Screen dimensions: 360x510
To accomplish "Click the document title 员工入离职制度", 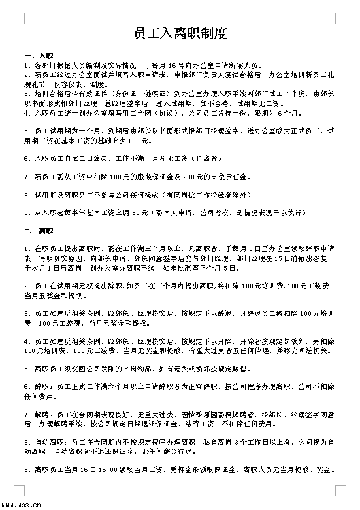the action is [180, 32].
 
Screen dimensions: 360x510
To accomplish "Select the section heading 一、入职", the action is [33, 56].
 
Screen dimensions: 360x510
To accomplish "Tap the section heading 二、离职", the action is [33, 230].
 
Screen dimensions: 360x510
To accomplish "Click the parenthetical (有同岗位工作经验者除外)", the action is [208, 195].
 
